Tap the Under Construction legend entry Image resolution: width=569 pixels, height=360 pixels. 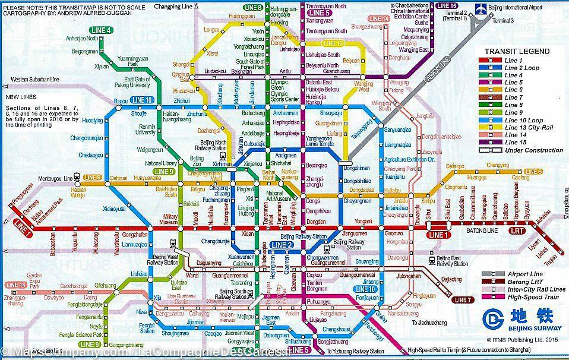click(533, 150)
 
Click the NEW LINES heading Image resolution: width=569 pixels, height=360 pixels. click(21, 96)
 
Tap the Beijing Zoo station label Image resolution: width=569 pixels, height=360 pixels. click(197, 162)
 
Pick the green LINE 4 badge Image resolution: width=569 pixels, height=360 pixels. click(100, 30)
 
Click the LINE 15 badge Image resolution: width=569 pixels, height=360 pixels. click(445, 6)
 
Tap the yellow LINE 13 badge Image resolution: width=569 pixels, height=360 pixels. click(333, 43)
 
